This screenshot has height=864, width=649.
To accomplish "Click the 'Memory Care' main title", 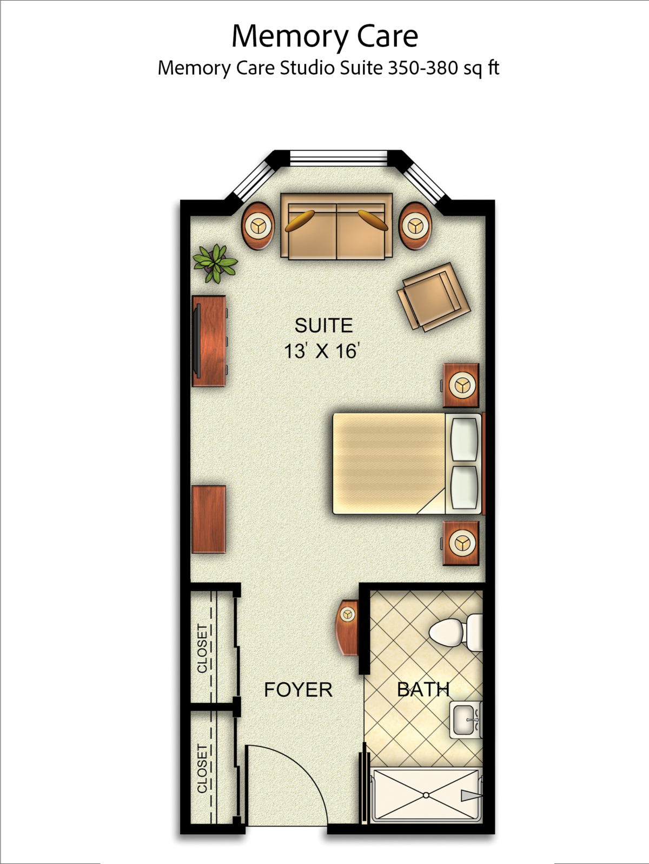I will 325,36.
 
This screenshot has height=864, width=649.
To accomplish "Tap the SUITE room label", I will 323,326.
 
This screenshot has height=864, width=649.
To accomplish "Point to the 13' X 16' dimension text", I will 322,351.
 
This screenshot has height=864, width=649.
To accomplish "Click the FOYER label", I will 298,690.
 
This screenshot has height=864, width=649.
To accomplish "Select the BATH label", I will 423,690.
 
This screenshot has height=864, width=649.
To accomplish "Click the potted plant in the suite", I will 215,263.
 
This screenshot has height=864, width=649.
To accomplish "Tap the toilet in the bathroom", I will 449,632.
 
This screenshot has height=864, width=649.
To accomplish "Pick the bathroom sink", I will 465,720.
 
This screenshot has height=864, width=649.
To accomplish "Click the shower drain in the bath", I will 426,795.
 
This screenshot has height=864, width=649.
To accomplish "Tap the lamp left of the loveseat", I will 257,226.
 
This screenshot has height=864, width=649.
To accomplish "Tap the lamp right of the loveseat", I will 415,225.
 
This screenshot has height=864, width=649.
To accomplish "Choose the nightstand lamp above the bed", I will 461,385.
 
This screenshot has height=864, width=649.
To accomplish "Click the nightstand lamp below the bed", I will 461,543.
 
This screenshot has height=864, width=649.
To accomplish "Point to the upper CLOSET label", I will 202,648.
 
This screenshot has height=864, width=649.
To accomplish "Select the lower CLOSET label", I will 202,768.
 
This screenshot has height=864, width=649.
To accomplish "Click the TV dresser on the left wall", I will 209,341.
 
